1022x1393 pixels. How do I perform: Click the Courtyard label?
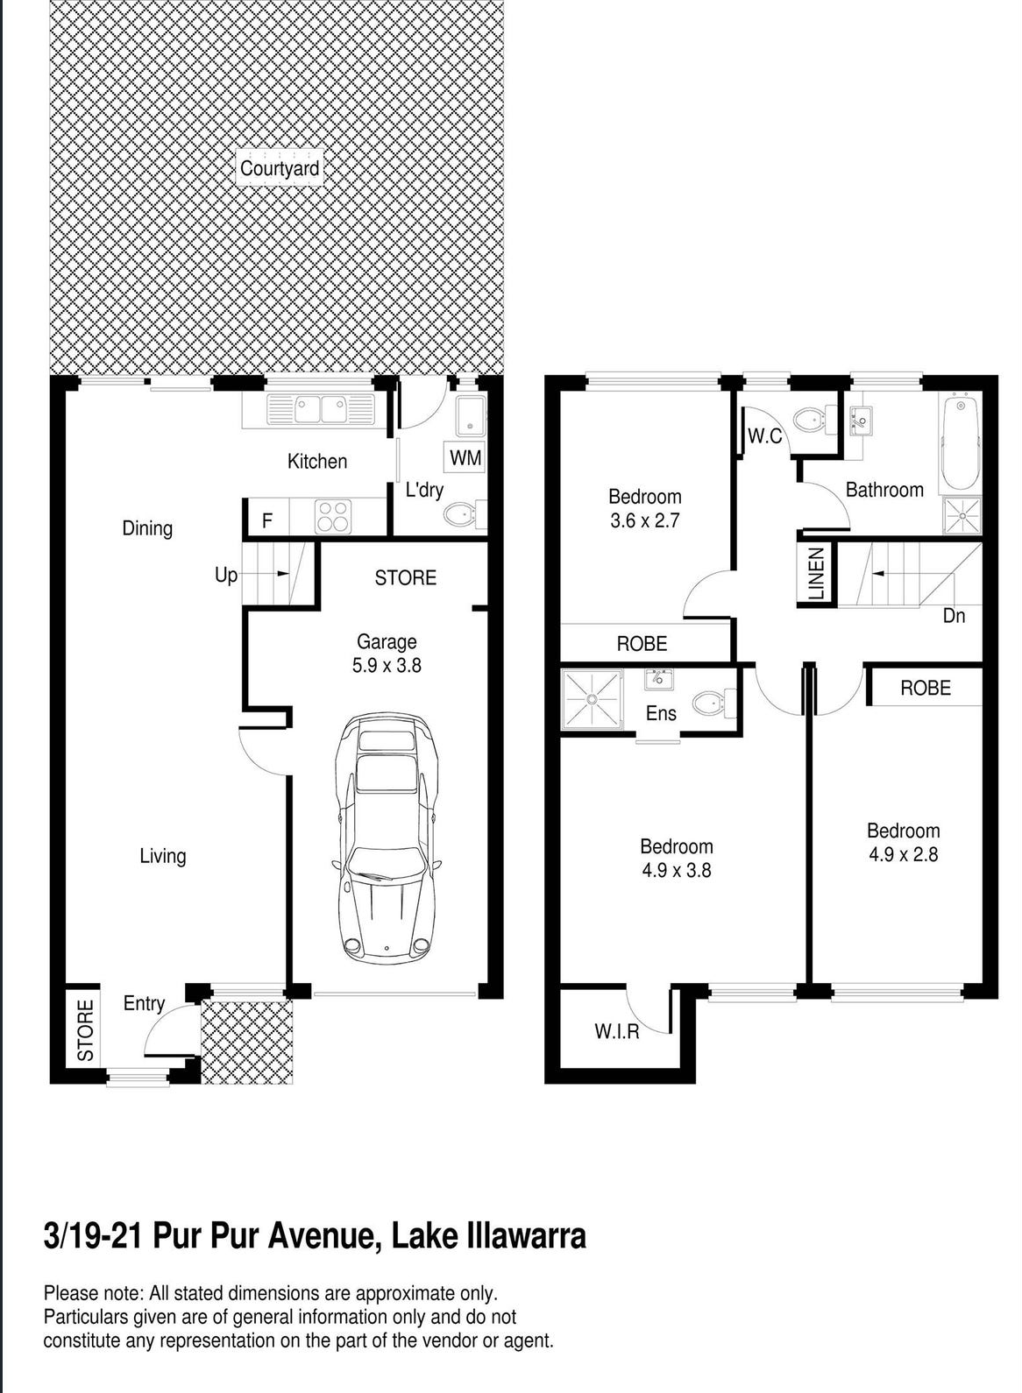tap(280, 168)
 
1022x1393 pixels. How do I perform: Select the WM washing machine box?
tap(465, 457)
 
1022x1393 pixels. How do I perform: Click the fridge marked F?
tap(267, 520)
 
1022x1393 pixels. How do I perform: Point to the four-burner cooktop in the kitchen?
tap(332, 517)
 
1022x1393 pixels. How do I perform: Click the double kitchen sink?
tap(321, 409)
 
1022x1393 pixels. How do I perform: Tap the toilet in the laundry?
tap(465, 514)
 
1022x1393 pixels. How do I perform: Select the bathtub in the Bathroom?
tap(962, 445)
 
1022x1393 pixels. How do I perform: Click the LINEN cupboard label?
tap(816, 573)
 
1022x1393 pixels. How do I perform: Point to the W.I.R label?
tap(616, 1032)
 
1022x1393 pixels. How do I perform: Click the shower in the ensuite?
tap(592, 698)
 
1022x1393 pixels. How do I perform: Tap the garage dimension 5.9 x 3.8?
tap(387, 666)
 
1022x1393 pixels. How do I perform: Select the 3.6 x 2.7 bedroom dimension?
tap(644, 520)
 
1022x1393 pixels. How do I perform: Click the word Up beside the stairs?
tap(226, 576)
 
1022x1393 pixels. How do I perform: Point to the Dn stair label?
tap(954, 616)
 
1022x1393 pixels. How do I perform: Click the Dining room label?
tap(147, 528)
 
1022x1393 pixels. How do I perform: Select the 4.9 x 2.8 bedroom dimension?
tap(903, 854)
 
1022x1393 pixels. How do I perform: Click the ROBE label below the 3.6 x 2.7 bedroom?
tap(642, 643)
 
